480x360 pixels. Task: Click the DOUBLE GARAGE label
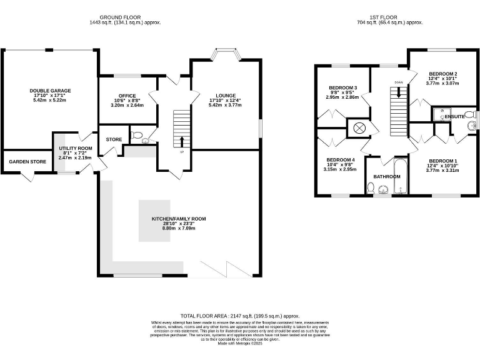tap(48, 91)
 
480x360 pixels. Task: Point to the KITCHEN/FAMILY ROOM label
tap(178, 219)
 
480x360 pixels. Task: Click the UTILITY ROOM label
tap(75, 148)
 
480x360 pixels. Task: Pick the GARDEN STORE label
tap(27, 162)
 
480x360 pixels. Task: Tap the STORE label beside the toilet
tap(114, 139)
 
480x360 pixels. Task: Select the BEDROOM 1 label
tap(442, 161)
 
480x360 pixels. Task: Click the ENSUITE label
tap(454, 116)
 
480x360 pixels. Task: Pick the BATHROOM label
tap(387, 176)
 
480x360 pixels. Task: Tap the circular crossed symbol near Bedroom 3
tap(359, 128)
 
